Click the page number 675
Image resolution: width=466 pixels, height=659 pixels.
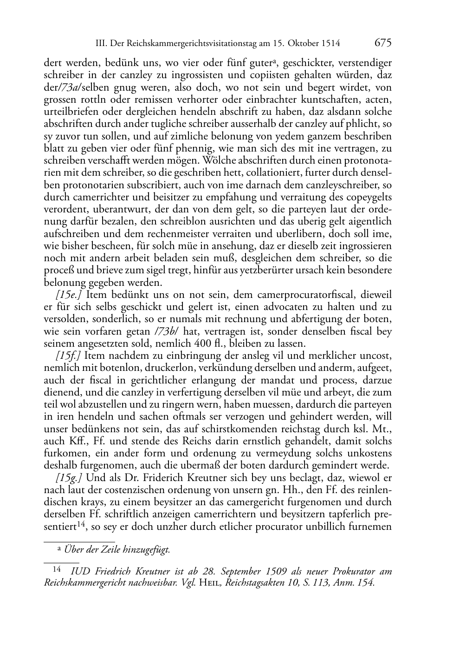point(383,43)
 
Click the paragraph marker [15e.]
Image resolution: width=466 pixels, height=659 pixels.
point(69,295)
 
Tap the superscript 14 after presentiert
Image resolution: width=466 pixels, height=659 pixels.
point(80,524)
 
